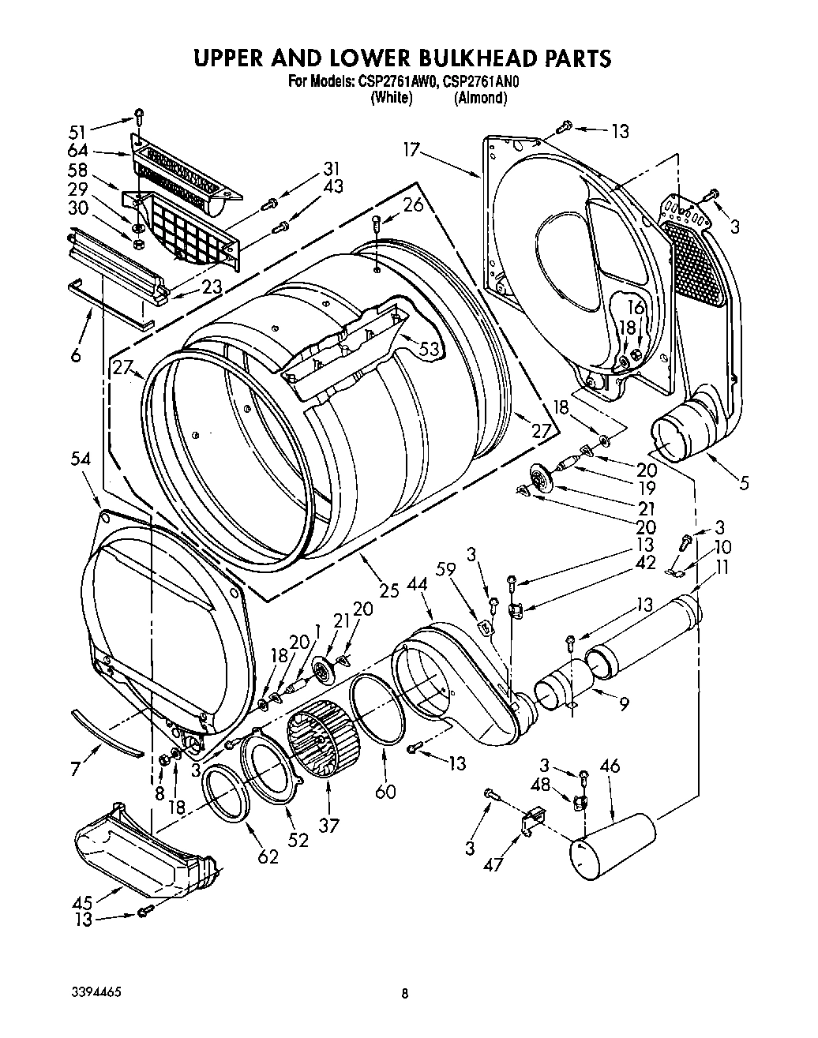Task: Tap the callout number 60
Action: click(385, 790)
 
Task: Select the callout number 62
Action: click(268, 856)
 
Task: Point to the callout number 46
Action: click(610, 766)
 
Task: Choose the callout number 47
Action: click(493, 865)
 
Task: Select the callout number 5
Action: click(741, 482)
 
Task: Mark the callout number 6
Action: click(76, 355)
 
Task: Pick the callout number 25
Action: click(388, 589)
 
